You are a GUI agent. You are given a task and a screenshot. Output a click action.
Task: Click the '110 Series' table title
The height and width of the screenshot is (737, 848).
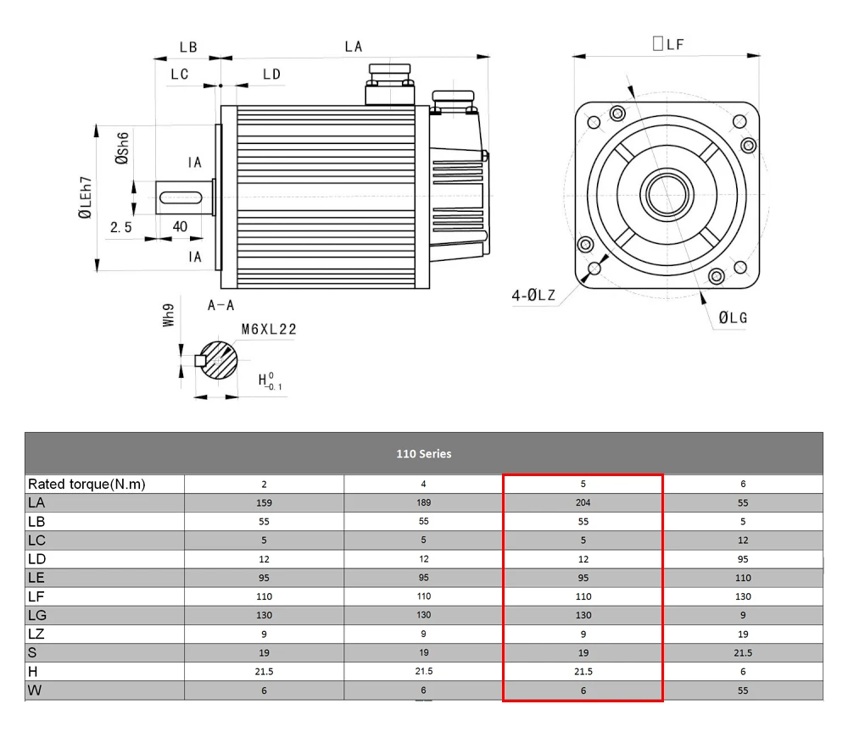423,453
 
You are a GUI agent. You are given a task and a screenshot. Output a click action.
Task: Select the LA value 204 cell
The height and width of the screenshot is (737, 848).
583,502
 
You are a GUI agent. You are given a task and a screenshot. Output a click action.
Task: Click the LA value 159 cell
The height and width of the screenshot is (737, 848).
264,502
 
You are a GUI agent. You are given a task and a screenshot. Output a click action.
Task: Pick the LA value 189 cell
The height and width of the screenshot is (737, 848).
423,502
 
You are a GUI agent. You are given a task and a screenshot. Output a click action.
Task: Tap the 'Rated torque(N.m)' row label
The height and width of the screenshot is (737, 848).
86,485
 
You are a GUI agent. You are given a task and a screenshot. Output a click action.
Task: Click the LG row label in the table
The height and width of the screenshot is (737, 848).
36,615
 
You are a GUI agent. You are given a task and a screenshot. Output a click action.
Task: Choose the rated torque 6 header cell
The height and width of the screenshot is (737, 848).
743,484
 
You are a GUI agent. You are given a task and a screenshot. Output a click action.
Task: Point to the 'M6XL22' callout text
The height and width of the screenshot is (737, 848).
269,330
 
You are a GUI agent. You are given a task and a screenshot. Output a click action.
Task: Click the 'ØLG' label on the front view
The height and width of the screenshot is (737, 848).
733,318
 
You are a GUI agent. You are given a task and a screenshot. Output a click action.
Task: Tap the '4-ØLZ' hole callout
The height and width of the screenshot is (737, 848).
533,296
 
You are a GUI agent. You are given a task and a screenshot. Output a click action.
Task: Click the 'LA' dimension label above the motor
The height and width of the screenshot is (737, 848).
354,47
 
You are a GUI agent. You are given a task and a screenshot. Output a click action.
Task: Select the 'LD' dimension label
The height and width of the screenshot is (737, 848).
271,75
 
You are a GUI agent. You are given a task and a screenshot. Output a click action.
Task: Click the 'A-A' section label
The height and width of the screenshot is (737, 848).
220,305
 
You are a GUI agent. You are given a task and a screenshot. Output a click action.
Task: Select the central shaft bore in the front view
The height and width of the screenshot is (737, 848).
667,194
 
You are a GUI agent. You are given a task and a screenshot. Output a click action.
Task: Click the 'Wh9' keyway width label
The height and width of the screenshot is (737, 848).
169,317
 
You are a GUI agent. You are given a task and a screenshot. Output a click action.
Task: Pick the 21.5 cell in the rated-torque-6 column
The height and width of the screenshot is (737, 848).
743,652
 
